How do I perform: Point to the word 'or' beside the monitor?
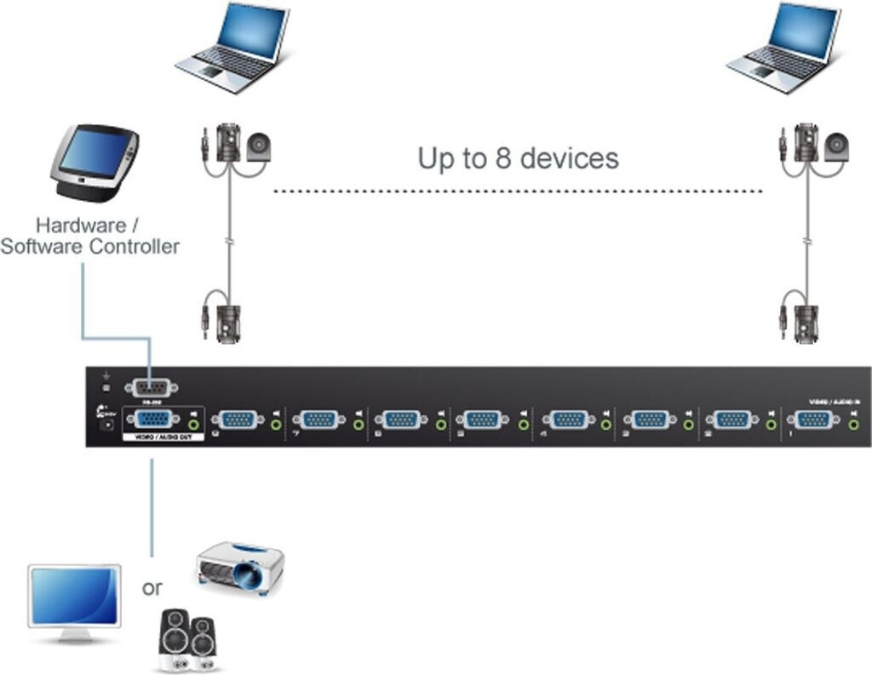[x=152, y=587]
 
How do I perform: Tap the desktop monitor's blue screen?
[x=74, y=596]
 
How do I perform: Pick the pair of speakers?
[x=188, y=640]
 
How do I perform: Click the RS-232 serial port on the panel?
[x=151, y=388]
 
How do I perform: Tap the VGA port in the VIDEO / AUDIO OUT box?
[x=152, y=419]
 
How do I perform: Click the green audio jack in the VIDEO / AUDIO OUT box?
[x=196, y=420]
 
